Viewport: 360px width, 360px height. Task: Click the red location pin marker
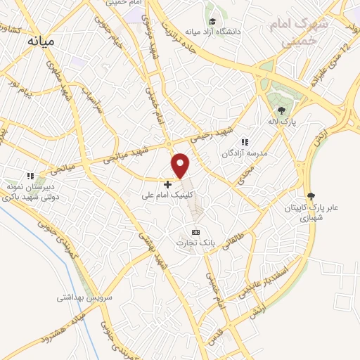point(181,164)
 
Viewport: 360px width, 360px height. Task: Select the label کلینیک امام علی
point(169,196)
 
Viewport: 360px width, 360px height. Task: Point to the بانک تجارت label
point(195,243)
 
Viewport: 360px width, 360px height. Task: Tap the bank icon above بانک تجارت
point(195,232)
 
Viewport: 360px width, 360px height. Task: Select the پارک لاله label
point(282,122)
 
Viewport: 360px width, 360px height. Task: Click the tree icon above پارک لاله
point(282,110)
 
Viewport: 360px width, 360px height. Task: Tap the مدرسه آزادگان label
point(245,153)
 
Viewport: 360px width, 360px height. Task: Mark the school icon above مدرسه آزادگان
point(245,142)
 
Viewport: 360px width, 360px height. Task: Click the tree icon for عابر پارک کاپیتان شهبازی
point(311,196)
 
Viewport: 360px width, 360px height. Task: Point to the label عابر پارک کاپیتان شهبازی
point(311,214)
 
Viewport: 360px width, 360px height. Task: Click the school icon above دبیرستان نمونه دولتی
point(30,176)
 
